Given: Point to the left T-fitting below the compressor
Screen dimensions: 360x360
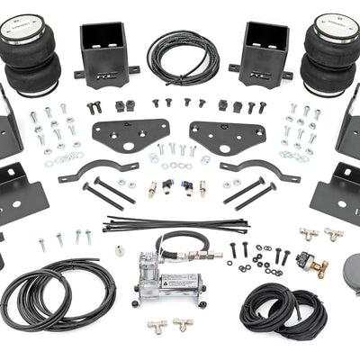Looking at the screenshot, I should click(158, 328).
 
